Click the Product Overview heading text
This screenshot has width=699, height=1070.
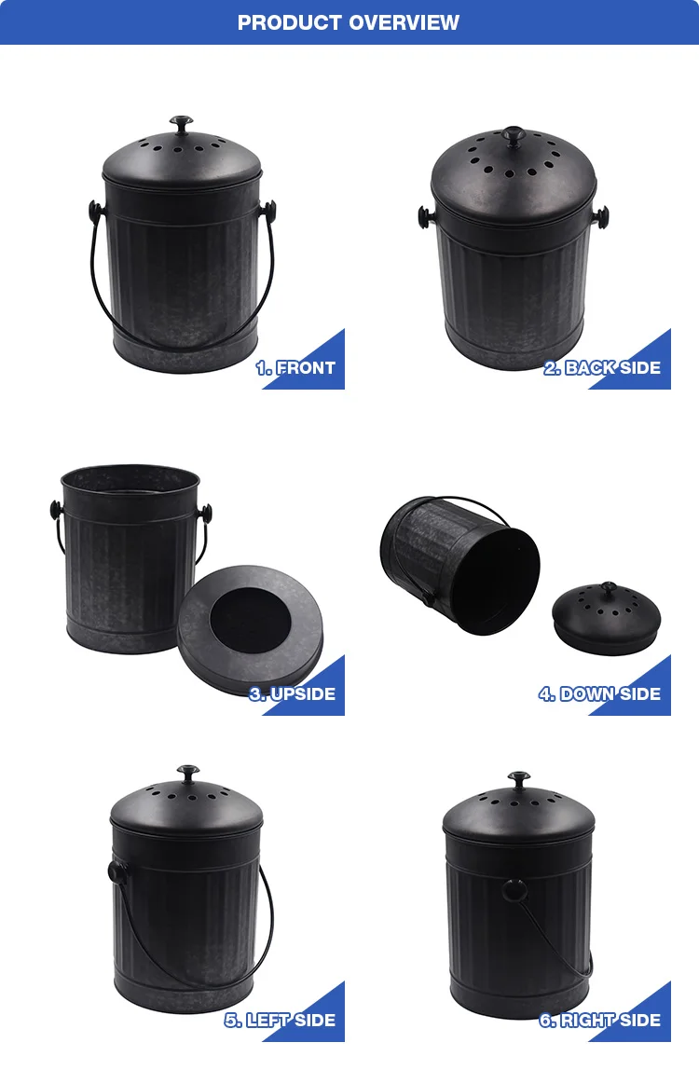[x=349, y=22]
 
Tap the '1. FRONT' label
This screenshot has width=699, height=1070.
[x=295, y=368]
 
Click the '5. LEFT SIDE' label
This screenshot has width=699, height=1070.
[x=279, y=1021]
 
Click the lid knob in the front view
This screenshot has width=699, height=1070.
[x=180, y=123]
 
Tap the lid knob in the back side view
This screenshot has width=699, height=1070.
[x=513, y=134]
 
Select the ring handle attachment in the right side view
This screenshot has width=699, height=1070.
[x=511, y=889]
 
